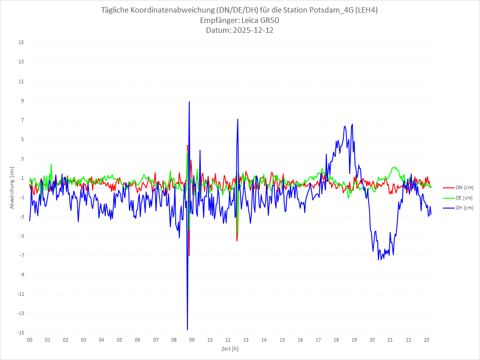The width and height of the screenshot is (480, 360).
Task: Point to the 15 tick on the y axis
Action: [21, 43]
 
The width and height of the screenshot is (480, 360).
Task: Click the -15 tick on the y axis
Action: [20, 333]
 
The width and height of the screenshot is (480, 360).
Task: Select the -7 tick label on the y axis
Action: [22, 255]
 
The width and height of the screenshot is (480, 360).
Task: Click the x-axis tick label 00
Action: [30, 340]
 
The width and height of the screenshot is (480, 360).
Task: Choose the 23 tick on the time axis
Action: [427, 340]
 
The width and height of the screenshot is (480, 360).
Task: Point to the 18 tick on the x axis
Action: [336, 340]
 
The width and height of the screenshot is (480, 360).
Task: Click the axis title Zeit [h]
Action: [230, 349]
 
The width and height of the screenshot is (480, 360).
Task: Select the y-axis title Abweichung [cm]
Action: [12, 187]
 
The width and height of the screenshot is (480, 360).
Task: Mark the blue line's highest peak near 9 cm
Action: [189, 102]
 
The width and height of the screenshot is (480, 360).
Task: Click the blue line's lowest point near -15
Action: [187, 329]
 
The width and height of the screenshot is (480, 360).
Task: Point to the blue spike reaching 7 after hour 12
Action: [238, 120]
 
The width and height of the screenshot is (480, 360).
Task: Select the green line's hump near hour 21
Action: [395, 168]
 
